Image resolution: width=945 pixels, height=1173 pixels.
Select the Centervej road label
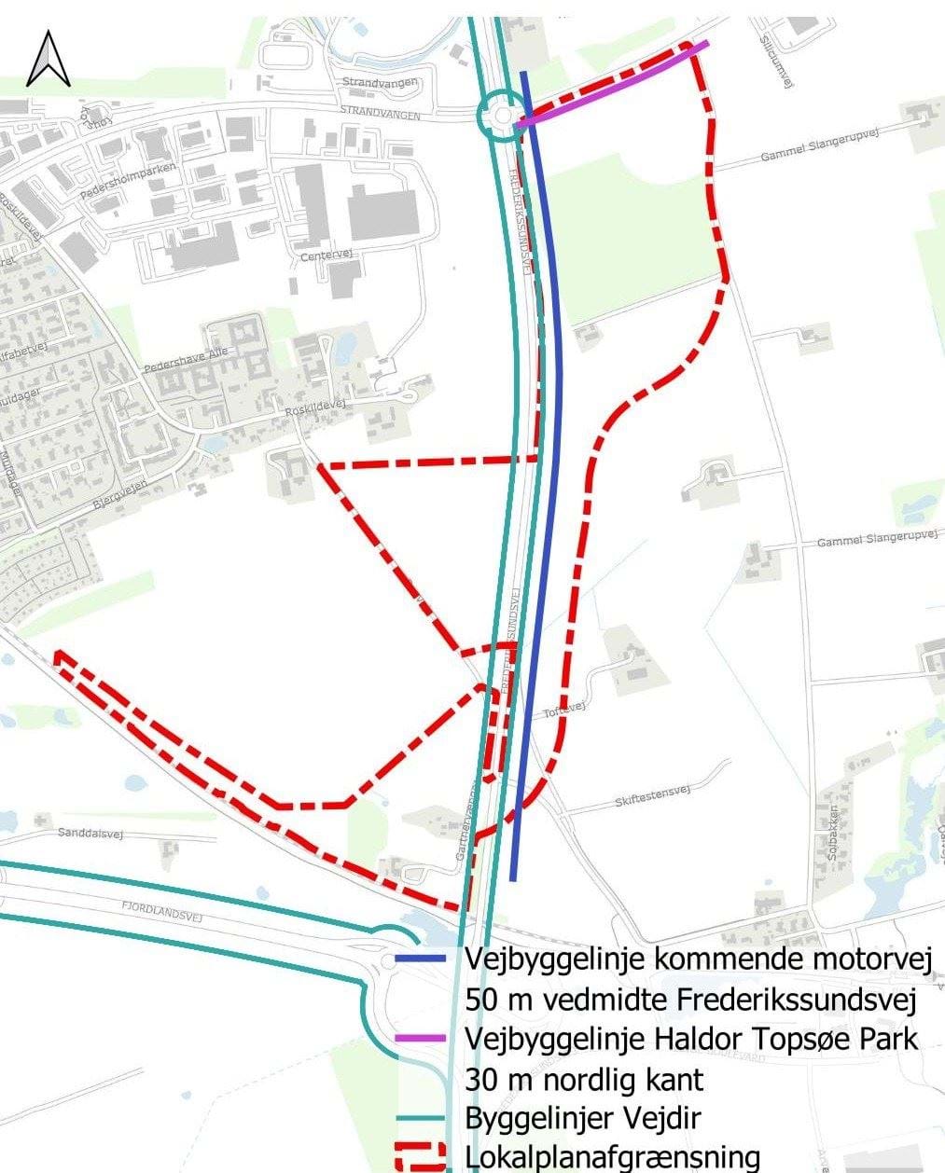tap(317, 255)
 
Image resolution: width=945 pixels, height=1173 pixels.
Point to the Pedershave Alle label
tap(186, 360)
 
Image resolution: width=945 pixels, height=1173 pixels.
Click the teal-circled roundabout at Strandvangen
tap(502, 116)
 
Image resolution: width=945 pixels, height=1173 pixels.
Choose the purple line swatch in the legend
tap(424, 1039)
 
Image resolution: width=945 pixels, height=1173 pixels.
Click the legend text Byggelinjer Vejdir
tap(582, 1118)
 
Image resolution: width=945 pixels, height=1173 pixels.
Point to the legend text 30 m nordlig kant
tap(583, 1079)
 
